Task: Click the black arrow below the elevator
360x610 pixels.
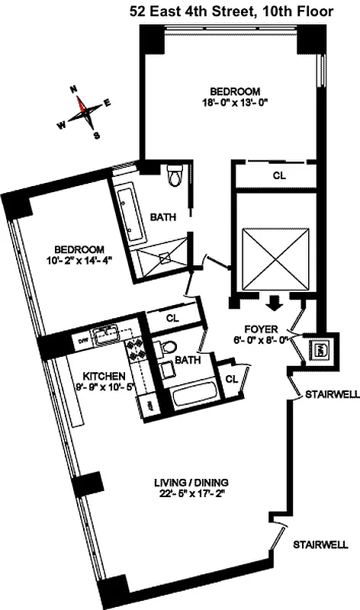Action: tap(274, 303)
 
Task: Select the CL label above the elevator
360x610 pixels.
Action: tap(279, 175)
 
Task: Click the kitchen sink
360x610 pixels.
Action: tap(105, 334)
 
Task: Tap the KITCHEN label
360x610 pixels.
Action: tap(103, 376)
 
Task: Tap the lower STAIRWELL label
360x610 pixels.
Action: tap(320, 545)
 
